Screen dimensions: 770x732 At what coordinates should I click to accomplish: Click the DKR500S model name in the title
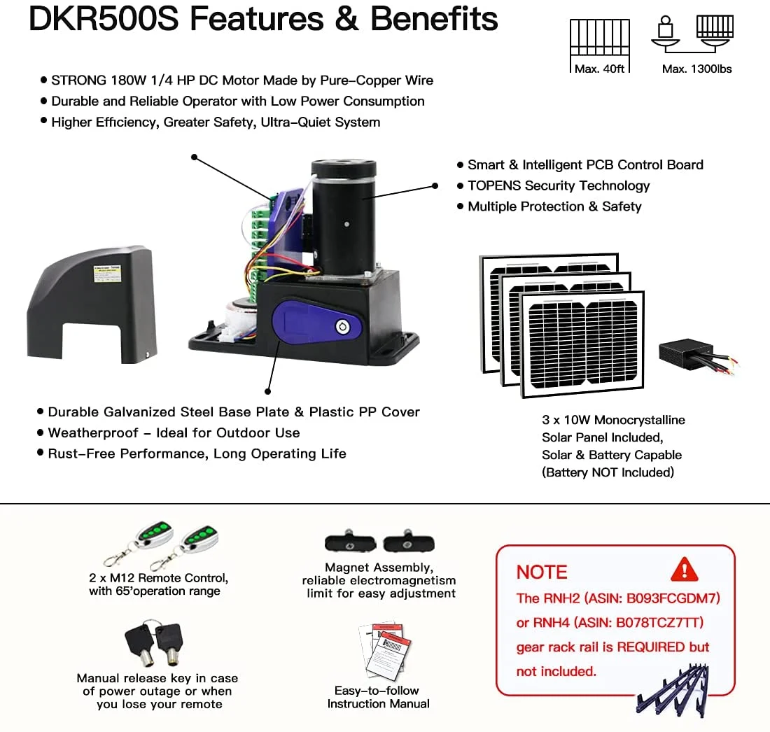click(104, 19)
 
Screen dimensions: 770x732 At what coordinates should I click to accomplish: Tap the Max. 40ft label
click(599, 69)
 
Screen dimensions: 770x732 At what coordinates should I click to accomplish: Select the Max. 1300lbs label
click(696, 69)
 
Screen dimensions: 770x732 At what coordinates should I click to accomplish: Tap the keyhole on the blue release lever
click(342, 327)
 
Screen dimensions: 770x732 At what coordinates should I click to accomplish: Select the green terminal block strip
click(258, 251)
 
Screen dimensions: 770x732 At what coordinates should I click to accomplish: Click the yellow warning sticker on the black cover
click(107, 274)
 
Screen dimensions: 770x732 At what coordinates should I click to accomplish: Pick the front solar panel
click(582, 344)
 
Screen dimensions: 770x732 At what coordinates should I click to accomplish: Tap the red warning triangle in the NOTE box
click(684, 569)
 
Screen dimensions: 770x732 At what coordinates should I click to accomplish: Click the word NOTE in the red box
click(542, 572)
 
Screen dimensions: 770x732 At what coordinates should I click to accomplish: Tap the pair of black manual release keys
click(154, 642)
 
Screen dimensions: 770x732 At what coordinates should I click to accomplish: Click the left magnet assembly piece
click(350, 542)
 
